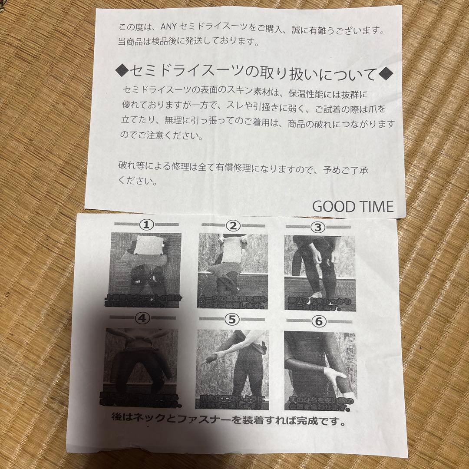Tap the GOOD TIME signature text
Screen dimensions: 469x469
pos(353,206)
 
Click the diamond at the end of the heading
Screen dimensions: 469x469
pos(386,74)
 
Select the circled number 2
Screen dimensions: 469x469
pos(233,226)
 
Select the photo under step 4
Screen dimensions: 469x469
pos(141,365)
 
